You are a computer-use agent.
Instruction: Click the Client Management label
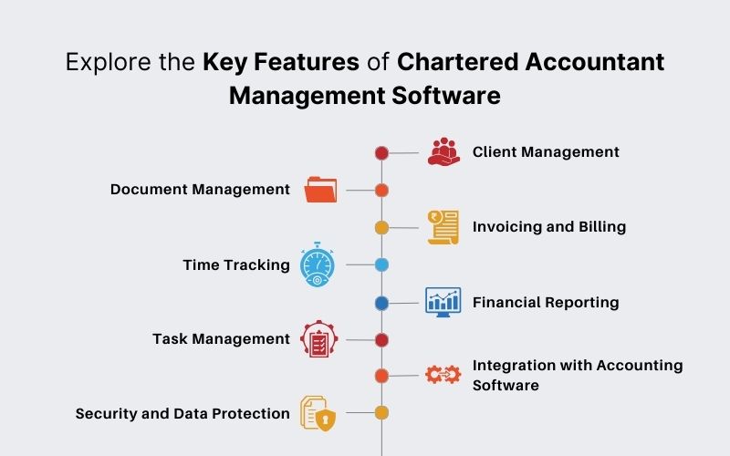(x=546, y=152)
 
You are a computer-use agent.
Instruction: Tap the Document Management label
(x=200, y=190)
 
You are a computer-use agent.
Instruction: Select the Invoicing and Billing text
(x=548, y=226)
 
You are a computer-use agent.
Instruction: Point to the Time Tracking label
(x=235, y=265)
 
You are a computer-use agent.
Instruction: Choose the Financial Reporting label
(x=546, y=302)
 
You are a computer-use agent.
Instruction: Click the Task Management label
(x=221, y=339)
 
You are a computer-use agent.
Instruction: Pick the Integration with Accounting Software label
(x=577, y=375)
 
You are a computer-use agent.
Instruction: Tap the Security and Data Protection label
(x=182, y=413)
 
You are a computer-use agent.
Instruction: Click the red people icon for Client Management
(x=443, y=151)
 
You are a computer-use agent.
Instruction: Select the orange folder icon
(x=320, y=190)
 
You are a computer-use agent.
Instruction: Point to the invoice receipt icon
(x=443, y=227)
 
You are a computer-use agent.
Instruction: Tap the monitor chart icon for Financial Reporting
(x=443, y=302)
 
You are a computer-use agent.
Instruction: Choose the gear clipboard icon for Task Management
(x=319, y=339)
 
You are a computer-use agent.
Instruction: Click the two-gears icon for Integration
(x=443, y=374)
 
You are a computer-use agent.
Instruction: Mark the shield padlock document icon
(x=318, y=413)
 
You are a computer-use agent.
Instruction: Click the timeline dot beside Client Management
(x=382, y=153)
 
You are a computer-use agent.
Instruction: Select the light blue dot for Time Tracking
(x=382, y=265)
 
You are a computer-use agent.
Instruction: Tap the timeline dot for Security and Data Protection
(x=382, y=413)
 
